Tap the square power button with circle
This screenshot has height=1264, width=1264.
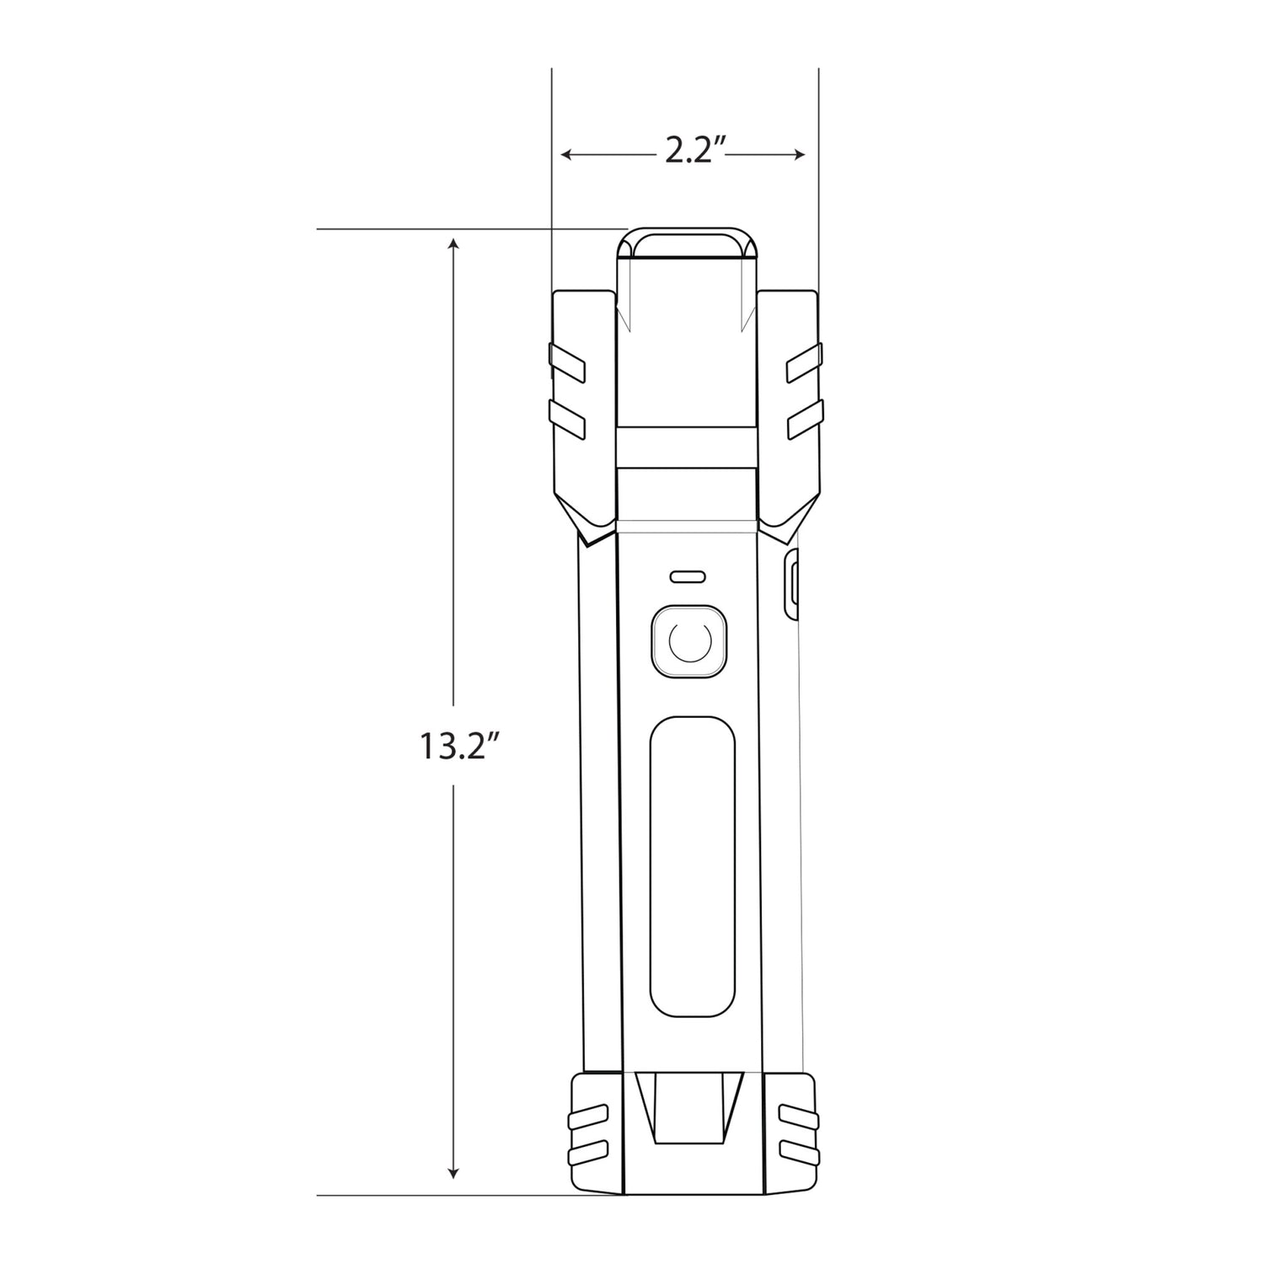click(689, 642)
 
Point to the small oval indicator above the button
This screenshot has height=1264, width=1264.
click(688, 577)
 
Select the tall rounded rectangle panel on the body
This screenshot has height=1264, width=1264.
click(693, 866)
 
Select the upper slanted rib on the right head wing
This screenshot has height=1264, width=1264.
click(805, 362)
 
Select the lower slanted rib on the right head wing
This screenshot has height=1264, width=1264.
click(805, 419)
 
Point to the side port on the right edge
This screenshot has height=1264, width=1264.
click(792, 583)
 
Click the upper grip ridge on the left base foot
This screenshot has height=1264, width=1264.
click(589, 1117)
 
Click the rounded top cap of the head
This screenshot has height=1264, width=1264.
click(687, 242)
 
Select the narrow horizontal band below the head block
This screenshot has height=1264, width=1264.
click(687, 448)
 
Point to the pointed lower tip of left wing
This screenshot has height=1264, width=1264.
click(590, 539)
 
